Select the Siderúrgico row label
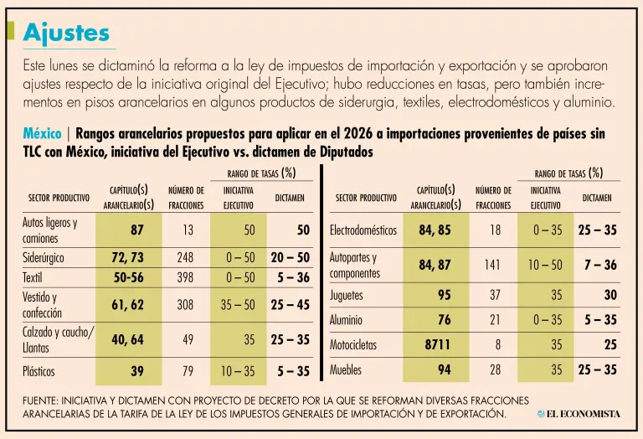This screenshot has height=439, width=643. click(x=44, y=258)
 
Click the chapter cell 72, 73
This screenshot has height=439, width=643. click(x=128, y=258)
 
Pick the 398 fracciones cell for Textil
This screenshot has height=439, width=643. click(x=186, y=276)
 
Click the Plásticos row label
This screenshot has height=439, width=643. click(x=39, y=370)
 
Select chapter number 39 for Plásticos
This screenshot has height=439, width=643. click(x=136, y=370)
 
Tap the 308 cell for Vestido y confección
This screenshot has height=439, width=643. click(x=186, y=305)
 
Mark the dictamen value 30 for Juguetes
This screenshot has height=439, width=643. click(x=610, y=295)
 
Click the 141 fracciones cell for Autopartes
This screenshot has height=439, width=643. click(x=492, y=265)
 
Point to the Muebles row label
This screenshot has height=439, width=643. click(x=346, y=369)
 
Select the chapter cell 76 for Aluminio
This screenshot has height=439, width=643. click(x=444, y=319)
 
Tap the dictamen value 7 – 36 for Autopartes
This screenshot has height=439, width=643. click(x=599, y=265)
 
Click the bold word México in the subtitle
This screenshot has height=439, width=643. click(x=42, y=134)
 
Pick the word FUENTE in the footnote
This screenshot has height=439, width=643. click(x=44, y=400)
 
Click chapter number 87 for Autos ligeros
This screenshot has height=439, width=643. click(x=136, y=230)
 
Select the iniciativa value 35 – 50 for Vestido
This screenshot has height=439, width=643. click(x=238, y=305)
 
